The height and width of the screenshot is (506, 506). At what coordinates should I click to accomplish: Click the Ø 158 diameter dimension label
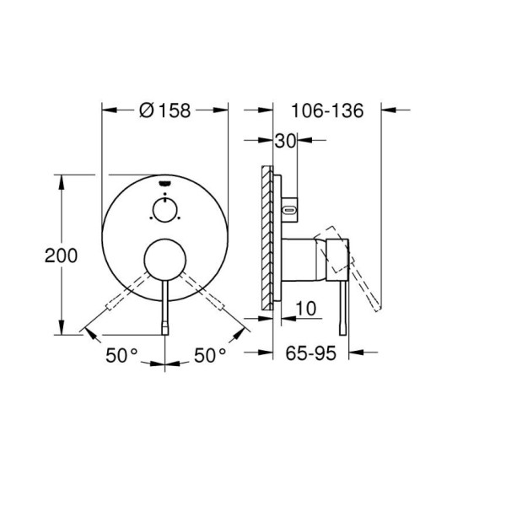[x=165, y=110]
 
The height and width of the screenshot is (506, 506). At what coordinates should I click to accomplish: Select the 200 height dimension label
[x=61, y=256]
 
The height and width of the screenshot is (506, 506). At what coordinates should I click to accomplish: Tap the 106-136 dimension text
[x=327, y=110]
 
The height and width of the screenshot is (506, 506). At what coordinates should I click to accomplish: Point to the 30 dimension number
[x=285, y=141]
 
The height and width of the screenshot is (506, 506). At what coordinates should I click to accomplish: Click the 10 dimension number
[x=306, y=309]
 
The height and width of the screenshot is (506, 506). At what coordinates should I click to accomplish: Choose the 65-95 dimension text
[x=310, y=353]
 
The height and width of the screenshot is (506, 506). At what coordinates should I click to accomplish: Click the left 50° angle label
[x=121, y=355]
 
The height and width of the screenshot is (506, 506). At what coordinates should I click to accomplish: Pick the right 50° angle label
[x=210, y=355]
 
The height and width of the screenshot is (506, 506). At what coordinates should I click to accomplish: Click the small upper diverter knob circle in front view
[x=165, y=210]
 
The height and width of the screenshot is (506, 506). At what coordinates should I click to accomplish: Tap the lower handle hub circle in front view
[x=165, y=260]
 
